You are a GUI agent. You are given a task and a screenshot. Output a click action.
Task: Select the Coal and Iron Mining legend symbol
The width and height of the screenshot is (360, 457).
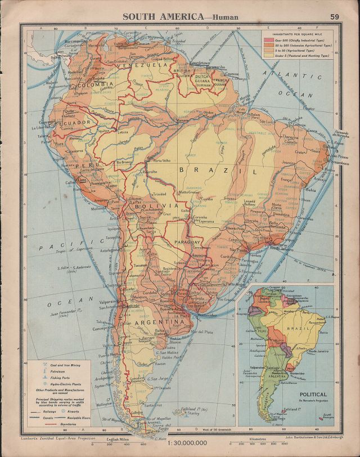39,365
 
